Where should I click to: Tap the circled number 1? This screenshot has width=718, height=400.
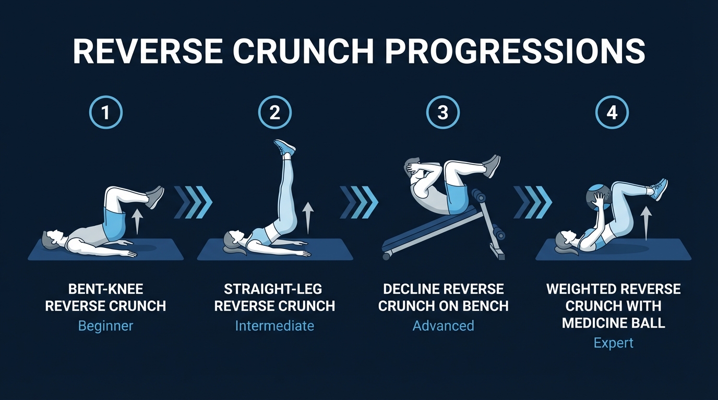point(106,113)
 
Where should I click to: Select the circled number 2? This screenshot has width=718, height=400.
point(275,113)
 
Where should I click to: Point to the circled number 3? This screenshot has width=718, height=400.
point(443,113)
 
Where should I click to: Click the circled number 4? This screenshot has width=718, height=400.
point(613,113)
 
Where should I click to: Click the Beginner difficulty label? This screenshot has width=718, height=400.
point(105,326)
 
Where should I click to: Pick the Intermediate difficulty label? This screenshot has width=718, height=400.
point(274,326)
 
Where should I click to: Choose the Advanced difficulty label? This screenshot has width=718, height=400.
point(443,326)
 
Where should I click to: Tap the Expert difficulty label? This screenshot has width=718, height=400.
point(614,343)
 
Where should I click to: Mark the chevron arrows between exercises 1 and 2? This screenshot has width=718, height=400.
point(193,202)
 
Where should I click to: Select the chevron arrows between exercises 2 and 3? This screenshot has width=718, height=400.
point(358,202)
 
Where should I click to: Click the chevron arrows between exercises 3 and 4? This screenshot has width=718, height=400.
point(532,202)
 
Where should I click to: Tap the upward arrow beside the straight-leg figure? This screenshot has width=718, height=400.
point(308,217)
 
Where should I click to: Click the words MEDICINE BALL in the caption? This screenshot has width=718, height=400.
point(614,323)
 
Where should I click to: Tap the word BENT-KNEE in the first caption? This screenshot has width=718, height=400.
point(105,289)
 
